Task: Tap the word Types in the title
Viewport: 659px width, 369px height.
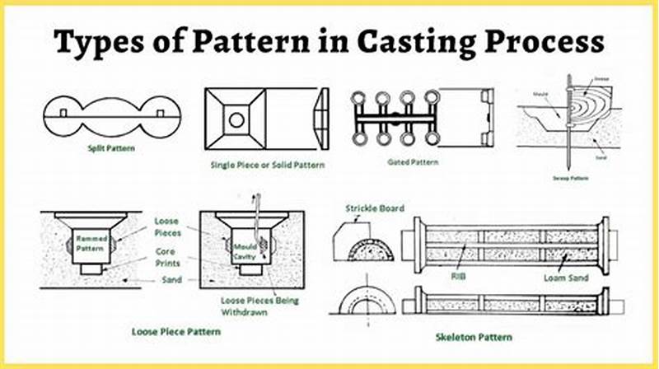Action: click(99, 42)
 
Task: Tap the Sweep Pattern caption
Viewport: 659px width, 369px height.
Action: click(568, 176)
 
